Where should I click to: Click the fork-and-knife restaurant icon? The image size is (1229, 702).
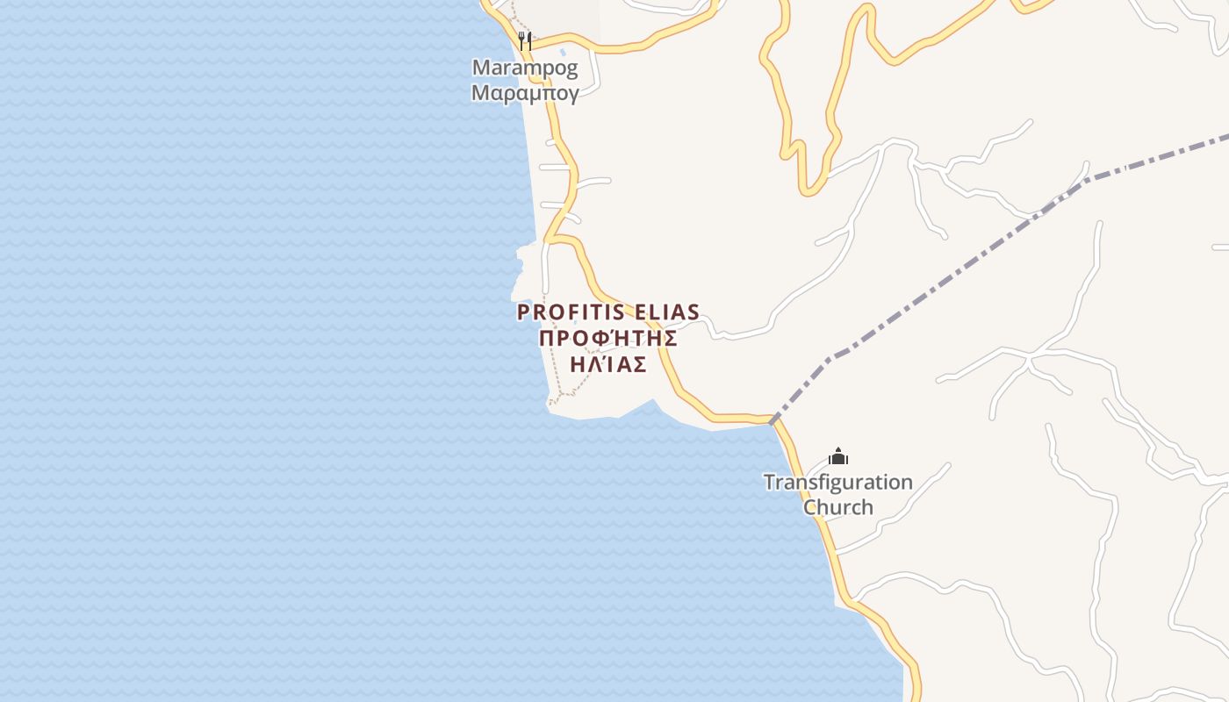click(x=525, y=40)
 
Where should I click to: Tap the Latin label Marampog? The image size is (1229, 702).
click(x=525, y=68)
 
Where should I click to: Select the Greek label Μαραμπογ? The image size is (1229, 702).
click(x=525, y=93)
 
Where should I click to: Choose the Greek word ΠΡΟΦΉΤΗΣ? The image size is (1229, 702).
click(x=608, y=339)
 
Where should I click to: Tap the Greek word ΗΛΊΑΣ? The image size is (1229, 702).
click(x=608, y=365)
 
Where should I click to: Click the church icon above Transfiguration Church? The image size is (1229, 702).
click(x=838, y=456)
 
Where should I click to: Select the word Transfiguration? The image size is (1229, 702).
click(x=837, y=483)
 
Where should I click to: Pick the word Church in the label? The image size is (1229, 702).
click(x=838, y=507)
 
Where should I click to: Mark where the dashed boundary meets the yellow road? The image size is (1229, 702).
click(x=773, y=421)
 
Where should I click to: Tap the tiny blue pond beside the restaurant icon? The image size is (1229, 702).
click(x=563, y=52)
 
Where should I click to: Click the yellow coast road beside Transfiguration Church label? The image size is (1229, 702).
click(x=811, y=496)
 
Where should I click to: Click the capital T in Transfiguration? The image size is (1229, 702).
click(x=768, y=482)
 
